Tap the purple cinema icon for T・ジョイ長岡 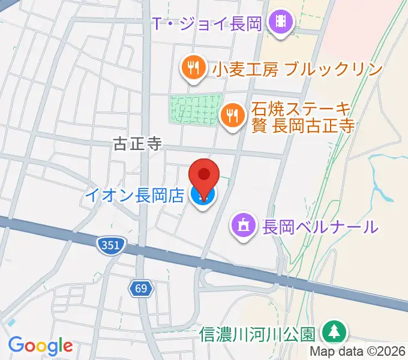coord(281,24)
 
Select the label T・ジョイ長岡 coord(206,25)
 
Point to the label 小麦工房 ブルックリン coord(297,69)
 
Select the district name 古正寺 coord(138,143)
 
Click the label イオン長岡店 coord(134,195)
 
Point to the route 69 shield coord(140,289)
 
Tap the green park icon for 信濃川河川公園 coord(332,332)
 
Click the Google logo coord(40,346)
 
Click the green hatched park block coord(196,109)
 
